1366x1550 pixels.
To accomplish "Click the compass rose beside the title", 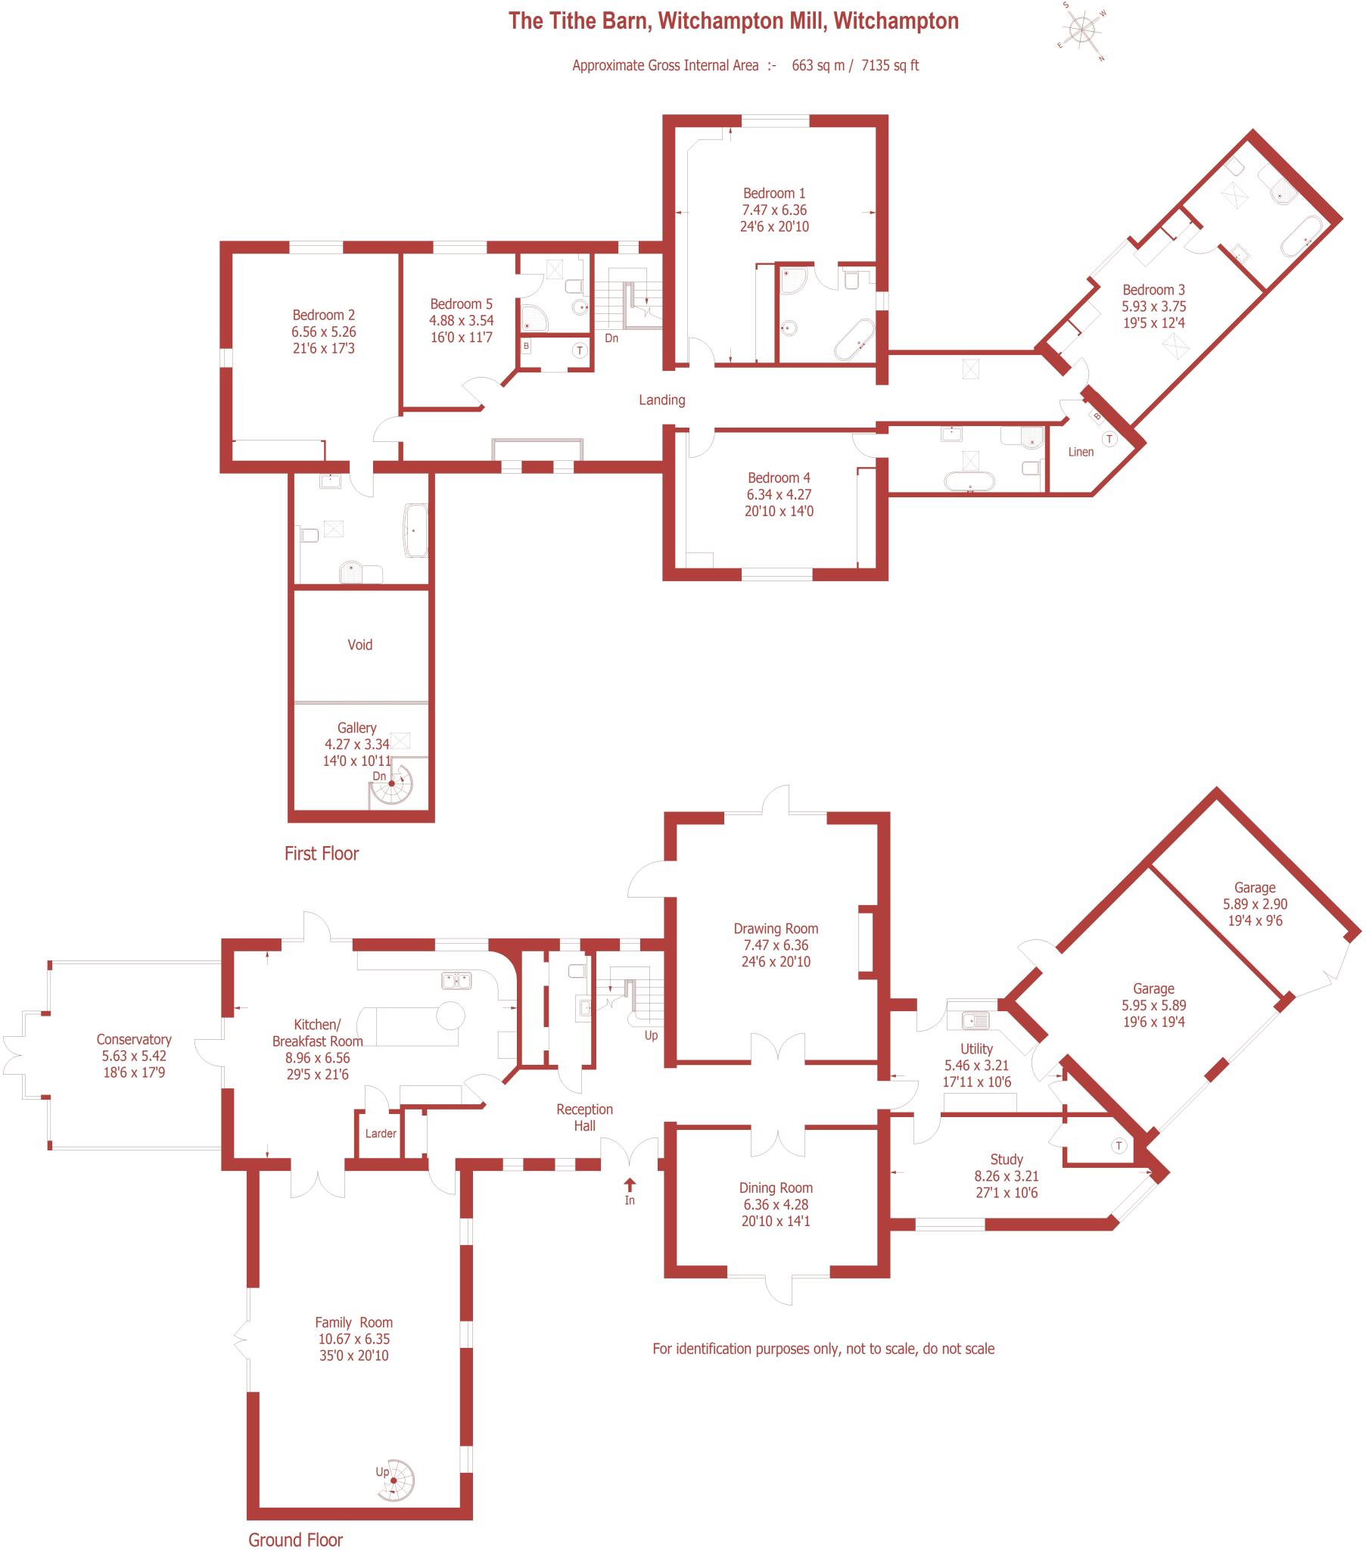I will (x=1083, y=31).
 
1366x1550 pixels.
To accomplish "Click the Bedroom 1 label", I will (x=773, y=193).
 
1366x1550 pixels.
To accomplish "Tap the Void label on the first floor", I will (x=359, y=645).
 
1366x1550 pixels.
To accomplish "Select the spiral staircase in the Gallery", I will (x=392, y=785).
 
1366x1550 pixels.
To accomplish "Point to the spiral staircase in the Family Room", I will (x=396, y=1480).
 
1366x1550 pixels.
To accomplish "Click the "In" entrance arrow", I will (x=630, y=1185).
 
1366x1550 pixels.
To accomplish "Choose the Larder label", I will (x=380, y=1133).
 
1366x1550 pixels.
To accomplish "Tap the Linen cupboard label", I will (x=1081, y=452).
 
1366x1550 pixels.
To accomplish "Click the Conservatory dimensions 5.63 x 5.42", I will (x=134, y=1056).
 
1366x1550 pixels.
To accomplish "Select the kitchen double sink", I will (x=456, y=981).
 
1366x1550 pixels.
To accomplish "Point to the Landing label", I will (x=661, y=400).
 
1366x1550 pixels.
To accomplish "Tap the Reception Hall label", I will (x=584, y=1117).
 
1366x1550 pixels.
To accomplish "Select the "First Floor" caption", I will (x=321, y=853).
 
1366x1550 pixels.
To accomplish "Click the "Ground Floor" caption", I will (x=295, y=1539).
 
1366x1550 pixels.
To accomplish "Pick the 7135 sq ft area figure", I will (x=890, y=65).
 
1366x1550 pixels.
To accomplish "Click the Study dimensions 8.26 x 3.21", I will (x=1006, y=1176).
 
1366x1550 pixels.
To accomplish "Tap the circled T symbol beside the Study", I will (x=1119, y=1146).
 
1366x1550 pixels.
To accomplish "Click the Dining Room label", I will (x=775, y=1187).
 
